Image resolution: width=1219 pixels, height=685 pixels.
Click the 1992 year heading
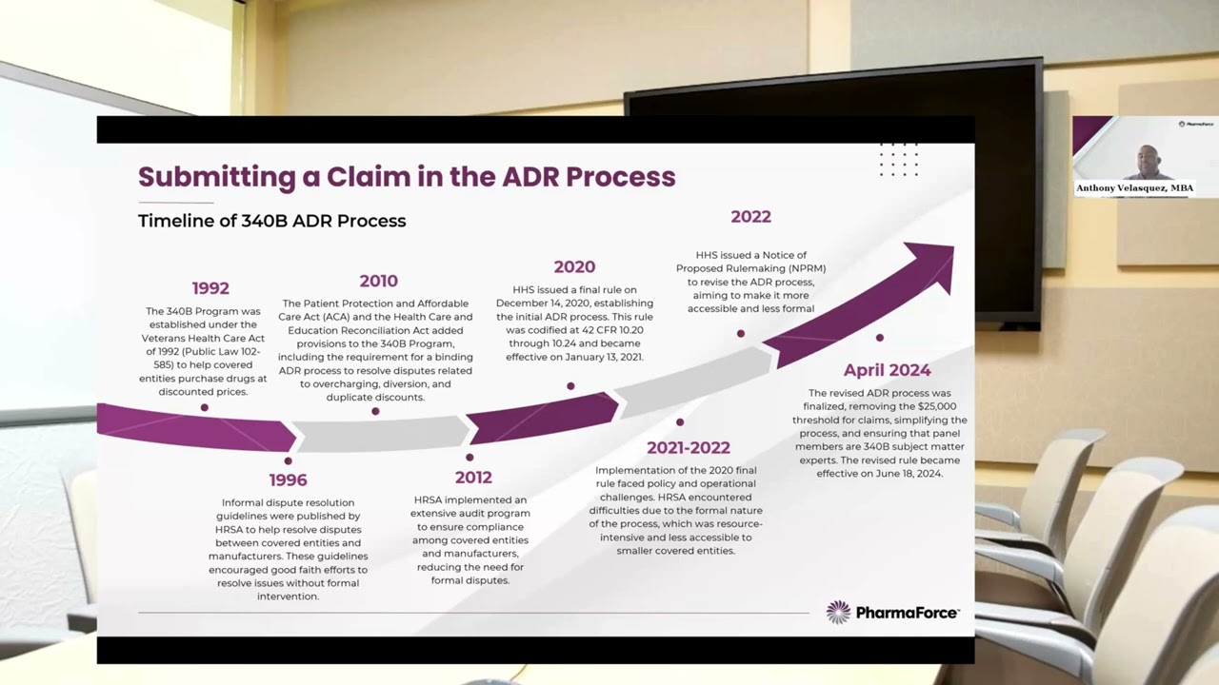210,287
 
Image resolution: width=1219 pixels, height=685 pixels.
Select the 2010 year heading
378,281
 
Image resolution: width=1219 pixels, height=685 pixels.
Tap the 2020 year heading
574,267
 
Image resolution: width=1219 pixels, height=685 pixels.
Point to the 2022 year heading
750,217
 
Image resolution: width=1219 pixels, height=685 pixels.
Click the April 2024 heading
887,370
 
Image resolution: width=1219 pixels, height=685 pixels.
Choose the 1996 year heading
288,479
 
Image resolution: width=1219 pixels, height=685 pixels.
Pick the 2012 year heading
473,477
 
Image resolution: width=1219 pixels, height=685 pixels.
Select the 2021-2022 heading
688,447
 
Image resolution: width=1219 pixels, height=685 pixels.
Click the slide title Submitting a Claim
407,176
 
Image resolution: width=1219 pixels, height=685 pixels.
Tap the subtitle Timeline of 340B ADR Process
271,221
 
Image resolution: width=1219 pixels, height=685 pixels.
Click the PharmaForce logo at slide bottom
892,613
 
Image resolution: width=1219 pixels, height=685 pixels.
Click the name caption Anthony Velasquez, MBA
1134,188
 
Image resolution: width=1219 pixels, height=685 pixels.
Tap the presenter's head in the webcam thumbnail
1149,159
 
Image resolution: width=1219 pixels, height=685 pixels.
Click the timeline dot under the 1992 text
204,407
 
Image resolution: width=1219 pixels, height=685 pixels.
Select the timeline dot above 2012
470,458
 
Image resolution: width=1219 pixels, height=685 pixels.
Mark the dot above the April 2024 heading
879,338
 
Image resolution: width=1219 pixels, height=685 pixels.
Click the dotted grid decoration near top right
898,159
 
